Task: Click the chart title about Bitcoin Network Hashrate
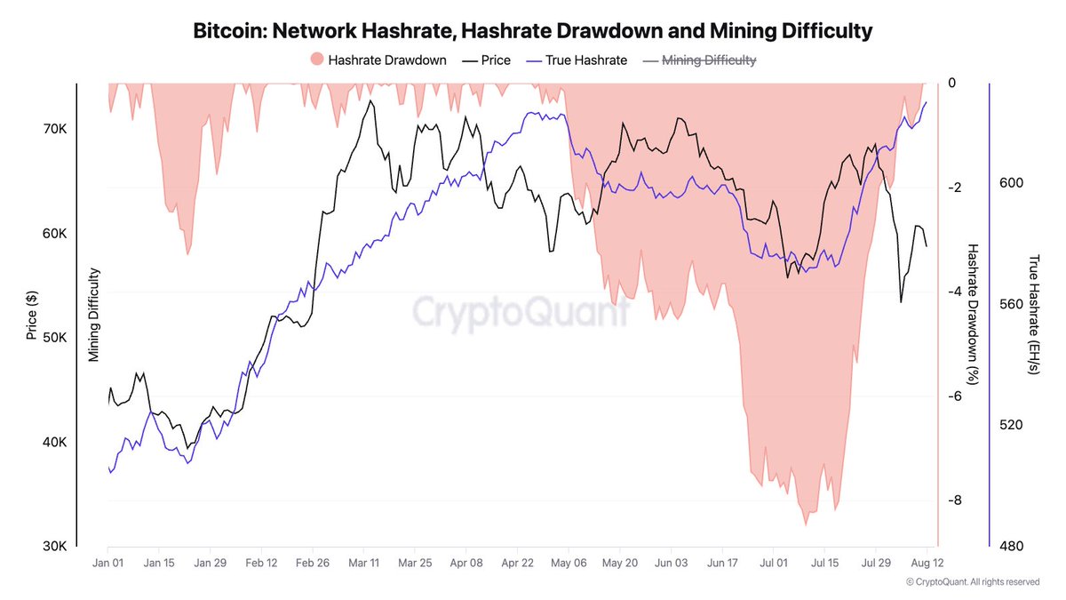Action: coord(533,31)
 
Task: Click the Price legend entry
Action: coord(486,60)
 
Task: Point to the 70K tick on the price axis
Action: coord(54,129)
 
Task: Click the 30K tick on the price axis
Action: coord(54,547)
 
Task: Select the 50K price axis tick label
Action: coord(54,338)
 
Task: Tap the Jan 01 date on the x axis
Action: coord(107,563)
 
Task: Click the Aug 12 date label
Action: coord(927,563)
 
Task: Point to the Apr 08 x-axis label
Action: coord(466,563)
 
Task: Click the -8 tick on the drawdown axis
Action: coord(952,500)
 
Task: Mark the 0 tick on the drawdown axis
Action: coord(952,84)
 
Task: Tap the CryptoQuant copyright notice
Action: coord(972,582)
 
